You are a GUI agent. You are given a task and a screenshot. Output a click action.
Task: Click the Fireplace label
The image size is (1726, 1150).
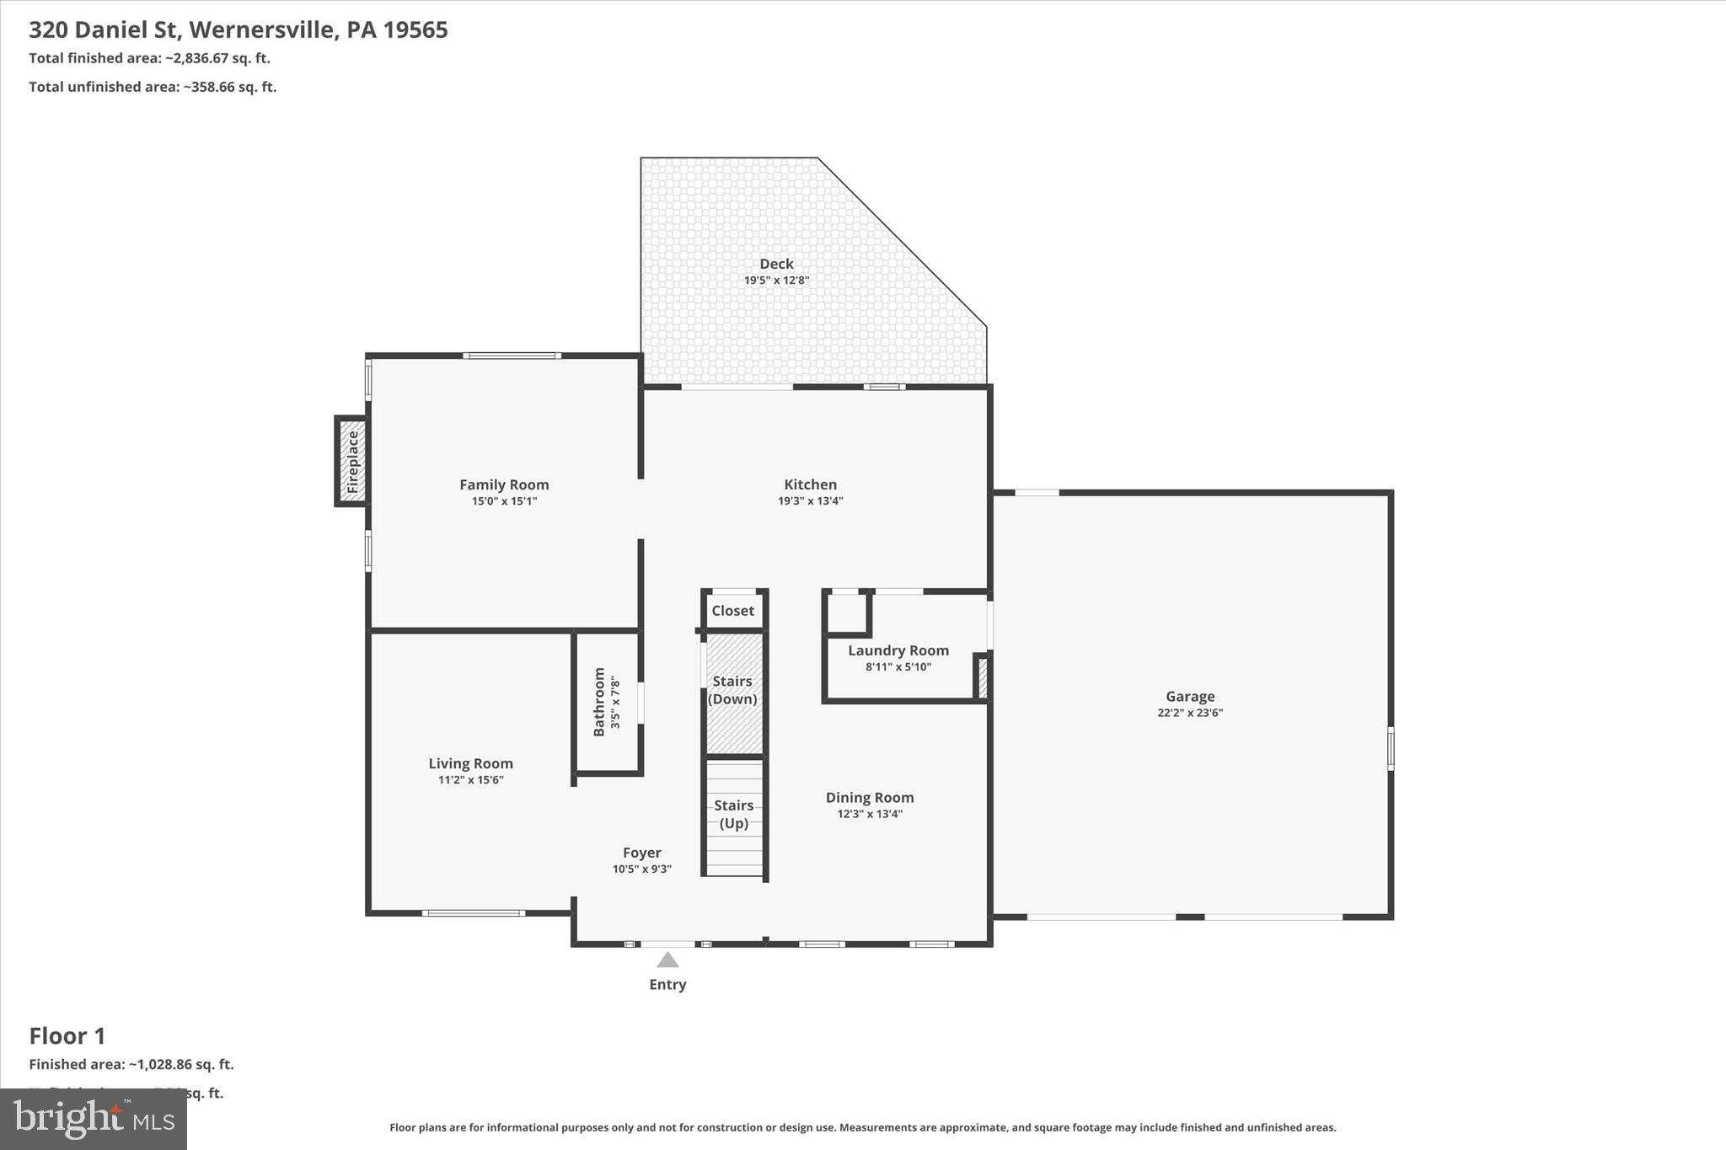(353, 462)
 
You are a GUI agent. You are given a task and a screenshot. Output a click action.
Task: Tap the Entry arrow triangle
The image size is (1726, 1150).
(667, 960)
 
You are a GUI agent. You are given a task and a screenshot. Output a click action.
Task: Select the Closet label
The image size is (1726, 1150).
(732, 611)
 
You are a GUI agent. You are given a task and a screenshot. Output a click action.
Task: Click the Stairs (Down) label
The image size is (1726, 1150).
(732, 690)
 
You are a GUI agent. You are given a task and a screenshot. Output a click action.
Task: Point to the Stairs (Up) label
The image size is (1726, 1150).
(733, 814)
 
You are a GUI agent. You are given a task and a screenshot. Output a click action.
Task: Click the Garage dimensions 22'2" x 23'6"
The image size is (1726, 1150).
(1189, 713)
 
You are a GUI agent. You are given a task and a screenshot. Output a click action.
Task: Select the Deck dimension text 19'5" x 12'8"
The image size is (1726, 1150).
(776, 281)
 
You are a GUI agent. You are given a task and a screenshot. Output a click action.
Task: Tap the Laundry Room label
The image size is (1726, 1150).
(898, 650)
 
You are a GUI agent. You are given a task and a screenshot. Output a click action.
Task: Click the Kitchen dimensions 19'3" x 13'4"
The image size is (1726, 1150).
(810, 501)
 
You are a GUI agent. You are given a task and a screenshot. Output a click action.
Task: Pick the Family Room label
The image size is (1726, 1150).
(504, 484)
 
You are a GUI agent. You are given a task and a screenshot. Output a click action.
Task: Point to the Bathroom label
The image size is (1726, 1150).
(599, 702)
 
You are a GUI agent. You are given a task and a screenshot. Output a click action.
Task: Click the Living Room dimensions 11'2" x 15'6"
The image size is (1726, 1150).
(470, 780)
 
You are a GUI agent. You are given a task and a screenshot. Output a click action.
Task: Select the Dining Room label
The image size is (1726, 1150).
(869, 797)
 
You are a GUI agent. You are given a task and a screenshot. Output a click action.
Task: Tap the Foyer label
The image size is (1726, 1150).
(641, 853)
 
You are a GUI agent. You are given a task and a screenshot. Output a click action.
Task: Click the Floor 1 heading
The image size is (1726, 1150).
(67, 1035)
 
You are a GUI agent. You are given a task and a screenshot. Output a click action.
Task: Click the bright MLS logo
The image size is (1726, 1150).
(94, 1119)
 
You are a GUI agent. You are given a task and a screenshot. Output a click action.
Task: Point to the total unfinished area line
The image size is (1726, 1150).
(153, 87)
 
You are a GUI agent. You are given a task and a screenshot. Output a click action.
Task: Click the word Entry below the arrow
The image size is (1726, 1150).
(667, 984)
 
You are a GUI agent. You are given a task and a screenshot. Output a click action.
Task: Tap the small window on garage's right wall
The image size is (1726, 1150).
(1391, 748)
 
